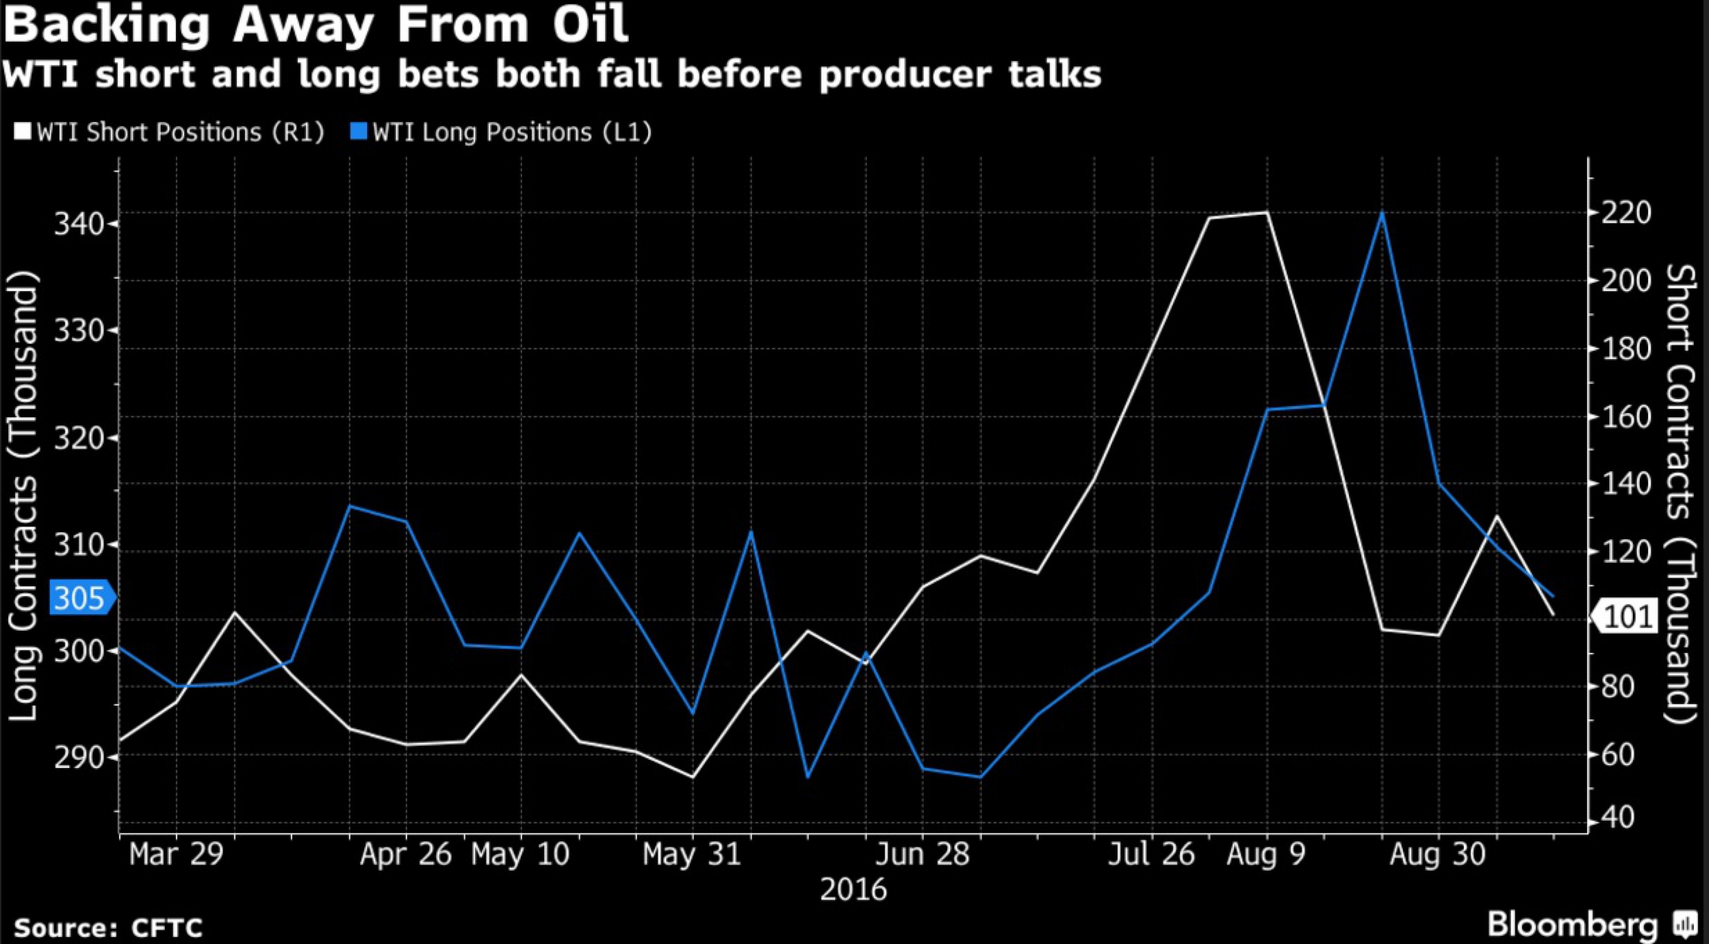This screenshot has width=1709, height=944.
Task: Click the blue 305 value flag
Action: (80, 599)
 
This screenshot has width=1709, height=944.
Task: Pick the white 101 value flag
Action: (1627, 617)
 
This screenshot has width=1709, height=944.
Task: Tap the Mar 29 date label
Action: (176, 854)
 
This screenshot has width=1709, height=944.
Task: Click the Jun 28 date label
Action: (922, 854)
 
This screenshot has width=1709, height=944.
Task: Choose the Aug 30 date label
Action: (1437, 854)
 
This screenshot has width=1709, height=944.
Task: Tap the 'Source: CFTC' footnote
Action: (108, 927)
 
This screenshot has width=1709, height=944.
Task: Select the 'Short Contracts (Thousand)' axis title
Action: (1679, 495)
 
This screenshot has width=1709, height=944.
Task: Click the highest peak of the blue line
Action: (1382, 213)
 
